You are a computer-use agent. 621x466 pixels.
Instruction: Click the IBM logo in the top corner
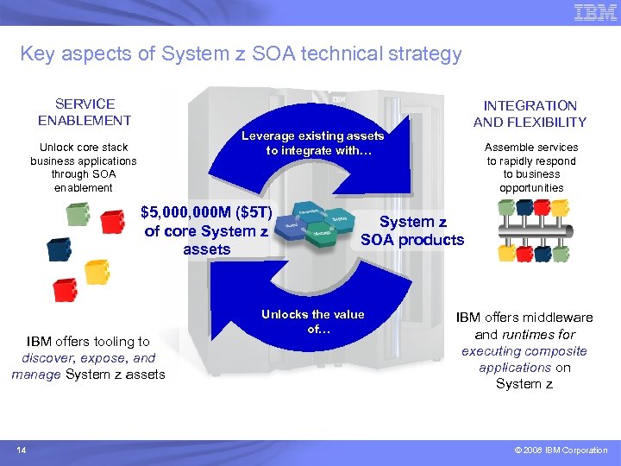coord(594,14)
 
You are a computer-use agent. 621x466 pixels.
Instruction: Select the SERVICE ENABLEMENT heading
coord(85,112)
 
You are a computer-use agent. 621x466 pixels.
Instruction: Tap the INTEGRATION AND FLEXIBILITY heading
coord(530,114)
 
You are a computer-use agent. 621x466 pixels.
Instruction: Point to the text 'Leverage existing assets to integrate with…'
coord(312,143)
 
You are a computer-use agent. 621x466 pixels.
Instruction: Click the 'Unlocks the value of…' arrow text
coord(312,322)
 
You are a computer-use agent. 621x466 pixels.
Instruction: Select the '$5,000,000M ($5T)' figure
coord(207,213)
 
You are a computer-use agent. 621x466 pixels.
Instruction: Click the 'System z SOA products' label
coord(412,231)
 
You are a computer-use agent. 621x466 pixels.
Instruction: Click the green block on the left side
coord(78,214)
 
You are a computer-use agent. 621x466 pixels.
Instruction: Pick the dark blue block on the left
coord(60,250)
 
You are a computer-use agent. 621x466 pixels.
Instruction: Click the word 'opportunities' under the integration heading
coord(531,187)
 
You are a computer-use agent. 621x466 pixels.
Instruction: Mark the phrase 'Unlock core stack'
coord(83,148)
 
